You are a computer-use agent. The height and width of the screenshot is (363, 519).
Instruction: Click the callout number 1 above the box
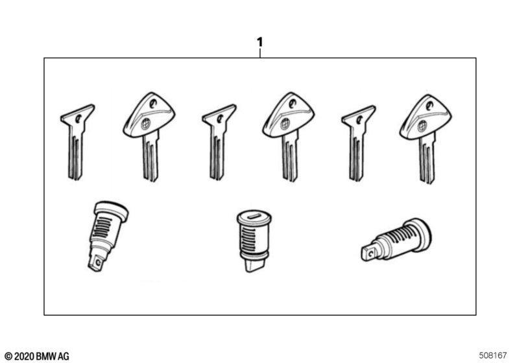click(x=260, y=42)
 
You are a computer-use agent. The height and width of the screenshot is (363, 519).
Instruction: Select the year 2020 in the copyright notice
click(x=25, y=357)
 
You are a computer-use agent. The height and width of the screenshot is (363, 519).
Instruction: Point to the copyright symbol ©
click(x=8, y=357)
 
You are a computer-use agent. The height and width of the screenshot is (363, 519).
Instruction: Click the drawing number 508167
click(x=492, y=355)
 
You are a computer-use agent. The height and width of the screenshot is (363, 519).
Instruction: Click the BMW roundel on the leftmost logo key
click(x=145, y=124)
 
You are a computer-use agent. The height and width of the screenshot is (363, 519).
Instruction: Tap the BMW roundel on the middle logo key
click(x=285, y=124)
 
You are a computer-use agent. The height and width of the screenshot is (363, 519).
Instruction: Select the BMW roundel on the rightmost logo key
click(x=422, y=126)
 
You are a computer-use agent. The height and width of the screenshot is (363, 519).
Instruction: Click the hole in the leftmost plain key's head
click(x=78, y=118)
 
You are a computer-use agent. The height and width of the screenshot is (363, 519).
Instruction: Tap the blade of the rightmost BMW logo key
click(x=427, y=159)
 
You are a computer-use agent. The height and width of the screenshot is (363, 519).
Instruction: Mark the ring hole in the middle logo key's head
click(x=292, y=104)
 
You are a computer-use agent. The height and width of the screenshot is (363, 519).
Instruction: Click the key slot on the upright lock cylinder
click(x=254, y=217)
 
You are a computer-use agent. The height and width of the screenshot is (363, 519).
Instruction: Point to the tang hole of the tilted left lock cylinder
click(x=98, y=263)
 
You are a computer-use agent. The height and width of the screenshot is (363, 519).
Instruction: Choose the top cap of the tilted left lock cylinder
click(x=112, y=210)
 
